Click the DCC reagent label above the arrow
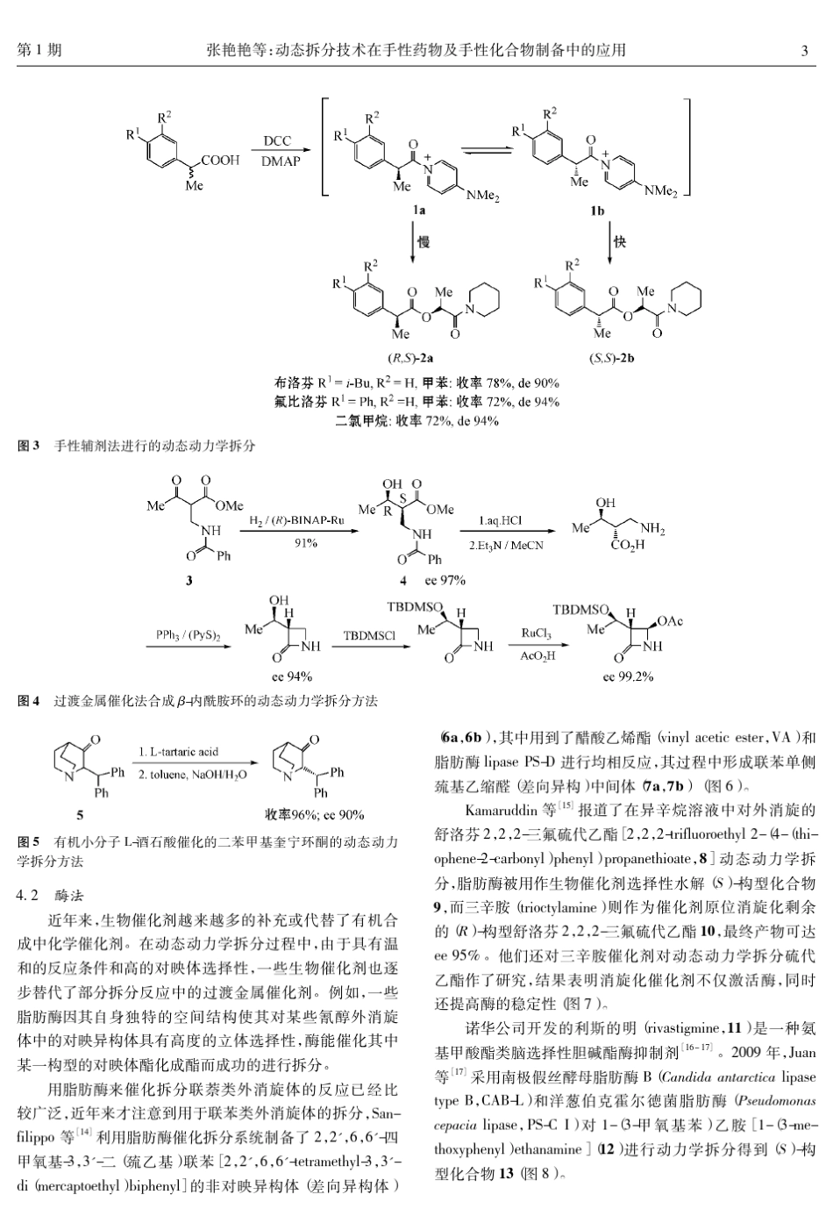(x=277, y=141)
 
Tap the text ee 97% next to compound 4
(x=445, y=581)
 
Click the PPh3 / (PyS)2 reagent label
(x=187, y=633)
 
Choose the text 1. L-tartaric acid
(x=179, y=752)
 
